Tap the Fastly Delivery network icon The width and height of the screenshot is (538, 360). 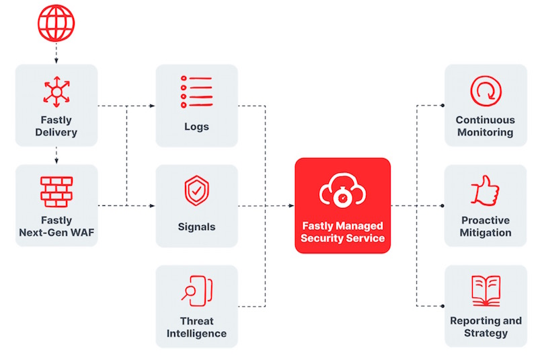tap(56, 91)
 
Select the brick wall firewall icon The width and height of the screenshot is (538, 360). tap(56, 190)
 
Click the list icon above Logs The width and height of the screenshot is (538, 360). tap(196, 92)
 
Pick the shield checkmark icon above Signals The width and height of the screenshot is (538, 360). tap(196, 191)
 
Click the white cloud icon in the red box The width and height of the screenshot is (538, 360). tap(342, 191)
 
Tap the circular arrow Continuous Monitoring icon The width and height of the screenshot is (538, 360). tap(486, 91)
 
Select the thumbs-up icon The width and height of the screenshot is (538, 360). tap(486, 190)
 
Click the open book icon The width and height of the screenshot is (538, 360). tap(486, 290)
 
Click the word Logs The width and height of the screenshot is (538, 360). tap(196, 127)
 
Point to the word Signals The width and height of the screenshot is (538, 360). tap(196, 227)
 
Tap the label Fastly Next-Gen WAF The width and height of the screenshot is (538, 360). tap(56, 226)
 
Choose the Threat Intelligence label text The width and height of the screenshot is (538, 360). tap(196, 327)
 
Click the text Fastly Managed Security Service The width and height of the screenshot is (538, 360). tap(342, 232)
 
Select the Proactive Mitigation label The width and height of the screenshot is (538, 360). tap(486, 227)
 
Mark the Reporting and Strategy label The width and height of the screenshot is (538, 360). tap(486, 327)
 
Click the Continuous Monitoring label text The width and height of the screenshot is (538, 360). tap(486, 127)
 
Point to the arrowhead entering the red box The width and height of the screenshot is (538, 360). tap(291, 205)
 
